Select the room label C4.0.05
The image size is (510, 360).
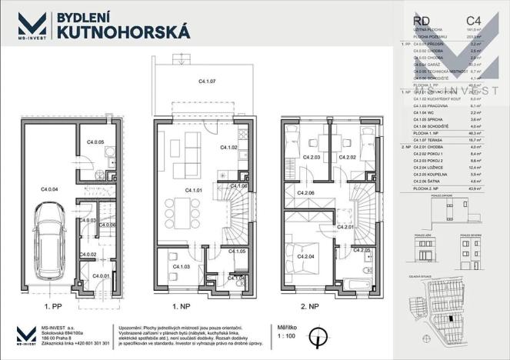95,142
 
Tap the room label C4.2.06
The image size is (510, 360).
305,193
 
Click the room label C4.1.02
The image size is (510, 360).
229,147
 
